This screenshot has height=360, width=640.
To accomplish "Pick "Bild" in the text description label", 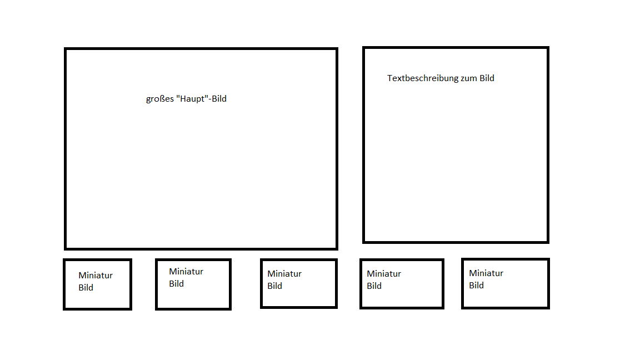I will click(487, 78).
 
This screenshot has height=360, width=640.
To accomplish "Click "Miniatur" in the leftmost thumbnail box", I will click(96, 276).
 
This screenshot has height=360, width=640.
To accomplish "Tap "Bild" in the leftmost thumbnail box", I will click(86, 288).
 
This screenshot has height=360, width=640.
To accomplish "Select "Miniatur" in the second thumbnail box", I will click(186, 272).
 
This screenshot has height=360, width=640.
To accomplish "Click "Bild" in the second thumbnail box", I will click(176, 284).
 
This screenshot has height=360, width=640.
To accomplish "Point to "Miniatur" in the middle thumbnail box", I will click(284, 274).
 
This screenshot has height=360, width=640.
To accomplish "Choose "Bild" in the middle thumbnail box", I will click(274, 286).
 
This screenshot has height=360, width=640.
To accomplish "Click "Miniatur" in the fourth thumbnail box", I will click(384, 274).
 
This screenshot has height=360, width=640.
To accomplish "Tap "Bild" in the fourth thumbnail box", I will click(374, 286).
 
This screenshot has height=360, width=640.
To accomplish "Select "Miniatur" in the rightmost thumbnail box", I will click(486, 273).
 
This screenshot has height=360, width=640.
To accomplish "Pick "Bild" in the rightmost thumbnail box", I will click(476, 286).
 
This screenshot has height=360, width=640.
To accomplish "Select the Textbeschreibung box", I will click(456, 161).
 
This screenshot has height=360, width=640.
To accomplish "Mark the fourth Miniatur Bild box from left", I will click(402, 297).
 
